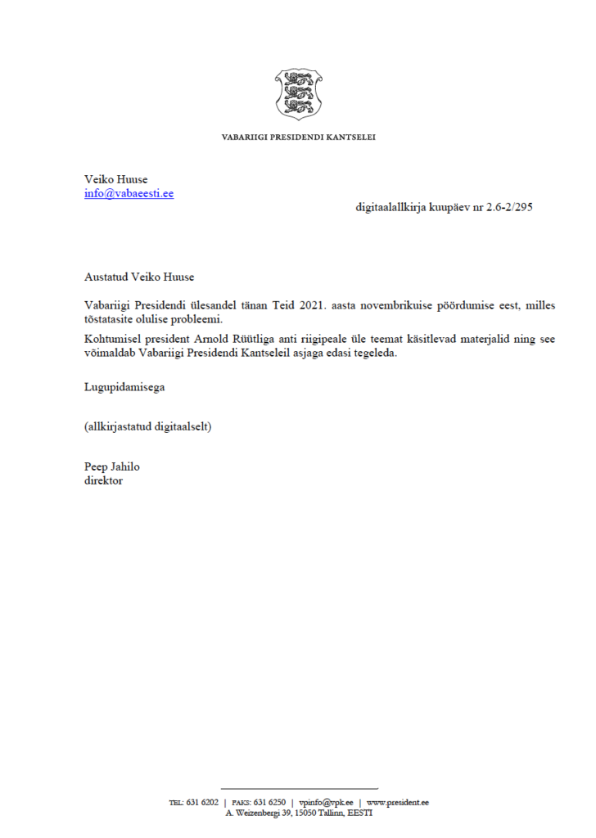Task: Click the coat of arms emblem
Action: pos(298,94)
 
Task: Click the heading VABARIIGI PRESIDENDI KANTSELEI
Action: pos(298,137)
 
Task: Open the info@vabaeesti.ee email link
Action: pos(129,194)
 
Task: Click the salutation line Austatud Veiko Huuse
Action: pos(139,277)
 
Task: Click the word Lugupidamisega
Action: pos(124,387)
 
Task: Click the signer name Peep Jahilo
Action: pos(112,466)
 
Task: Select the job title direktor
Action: pos(103,480)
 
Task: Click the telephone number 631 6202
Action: pos(203,803)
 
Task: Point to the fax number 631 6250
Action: pos(270,803)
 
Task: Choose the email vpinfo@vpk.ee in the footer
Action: pos(325,803)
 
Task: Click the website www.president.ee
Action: pos(398,803)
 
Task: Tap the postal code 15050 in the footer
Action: pos(308,813)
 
